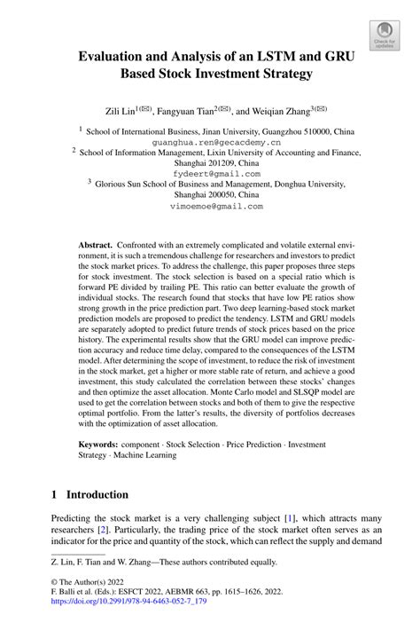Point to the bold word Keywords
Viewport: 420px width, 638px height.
pyautogui.click(x=99, y=443)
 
